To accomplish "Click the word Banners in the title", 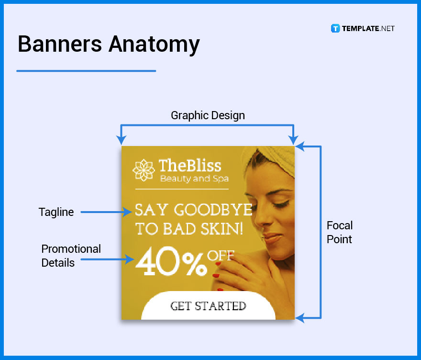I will pos(59,44).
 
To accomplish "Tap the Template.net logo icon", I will pos(335,28).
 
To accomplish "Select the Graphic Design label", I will pos(208,115).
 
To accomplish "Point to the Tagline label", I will pos(56,212).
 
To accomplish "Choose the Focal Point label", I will pos(339,232).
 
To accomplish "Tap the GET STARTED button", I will pos(208,306).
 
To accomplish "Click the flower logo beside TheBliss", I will pos(144,170).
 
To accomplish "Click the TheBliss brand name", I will pos(190,166).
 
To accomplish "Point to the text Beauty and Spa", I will pos(194,179).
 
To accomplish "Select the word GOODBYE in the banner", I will pos(213,210).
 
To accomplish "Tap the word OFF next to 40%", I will pos(221,255).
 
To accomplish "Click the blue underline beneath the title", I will pos(86,71).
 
